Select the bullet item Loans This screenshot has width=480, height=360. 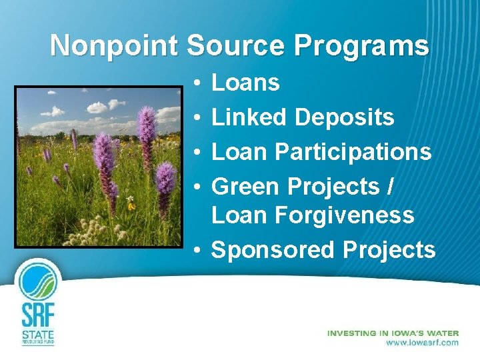[x=245, y=83]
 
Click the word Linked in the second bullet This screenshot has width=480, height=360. [x=249, y=117]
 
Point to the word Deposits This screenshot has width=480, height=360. [x=345, y=118]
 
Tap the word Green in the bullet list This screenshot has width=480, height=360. [x=247, y=186]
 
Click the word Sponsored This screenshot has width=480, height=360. [x=273, y=250]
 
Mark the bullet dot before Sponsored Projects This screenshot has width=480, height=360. [x=199, y=251]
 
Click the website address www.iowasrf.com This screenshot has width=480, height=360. [x=423, y=343]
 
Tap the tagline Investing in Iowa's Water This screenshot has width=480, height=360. [x=393, y=333]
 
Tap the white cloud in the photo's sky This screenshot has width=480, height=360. [x=97, y=107]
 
